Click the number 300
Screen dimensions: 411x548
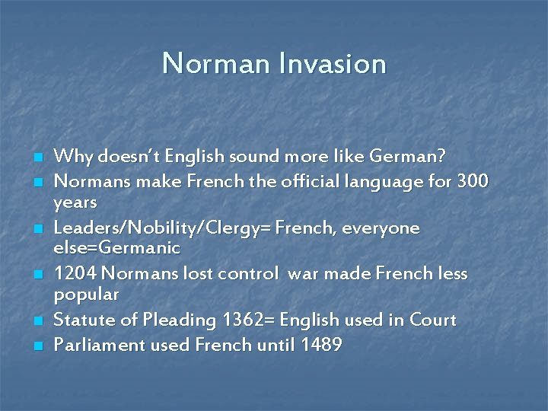tap(472, 183)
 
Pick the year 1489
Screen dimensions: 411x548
tap(322, 346)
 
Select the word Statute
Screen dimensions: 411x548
tap(84, 320)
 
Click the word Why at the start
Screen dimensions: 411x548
tap(73, 156)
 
